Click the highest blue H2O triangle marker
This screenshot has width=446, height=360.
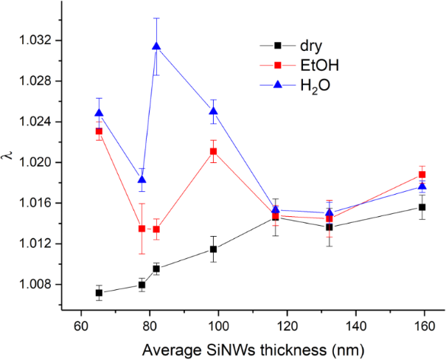coord(156,46)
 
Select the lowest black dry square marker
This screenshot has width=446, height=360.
coord(100,293)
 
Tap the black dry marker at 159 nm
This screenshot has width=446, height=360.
coord(422,207)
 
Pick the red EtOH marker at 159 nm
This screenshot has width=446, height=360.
coord(422,175)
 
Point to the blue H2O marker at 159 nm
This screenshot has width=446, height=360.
coord(422,187)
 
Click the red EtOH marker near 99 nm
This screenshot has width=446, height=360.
coord(214,151)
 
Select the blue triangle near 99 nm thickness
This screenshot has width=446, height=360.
coord(214,111)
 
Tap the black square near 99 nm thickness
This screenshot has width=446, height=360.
coord(214,249)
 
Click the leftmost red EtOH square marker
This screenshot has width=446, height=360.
coord(100,131)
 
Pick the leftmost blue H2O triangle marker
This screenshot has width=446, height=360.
coord(100,113)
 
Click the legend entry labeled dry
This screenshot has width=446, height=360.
coord(299,49)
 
